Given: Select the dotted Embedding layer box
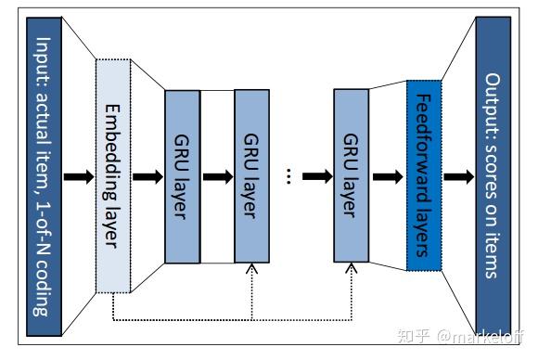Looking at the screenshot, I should pyautogui.click(x=114, y=176).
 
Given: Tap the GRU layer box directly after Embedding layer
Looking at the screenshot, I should pyautogui.click(x=183, y=176).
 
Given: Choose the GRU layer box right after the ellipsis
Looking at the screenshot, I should pyautogui.click(x=350, y=176).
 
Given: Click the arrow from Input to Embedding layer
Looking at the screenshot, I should pyautogui.click(x=79, y=176).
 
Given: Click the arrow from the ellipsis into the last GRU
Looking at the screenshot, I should pyautogui.click(x=315, y=176).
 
